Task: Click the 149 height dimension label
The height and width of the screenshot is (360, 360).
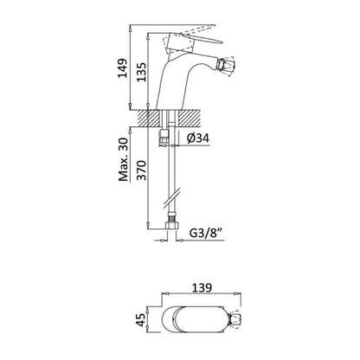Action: [x=123, y=68]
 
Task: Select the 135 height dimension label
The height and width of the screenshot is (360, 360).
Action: [x=141, y=72]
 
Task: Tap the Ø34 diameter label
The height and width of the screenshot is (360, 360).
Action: [x=198, y=138]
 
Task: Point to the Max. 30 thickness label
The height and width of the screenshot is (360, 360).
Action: [x=124, y=159]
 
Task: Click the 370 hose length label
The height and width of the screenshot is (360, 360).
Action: [x=141, y=170]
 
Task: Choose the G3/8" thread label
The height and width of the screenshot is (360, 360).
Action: [x=207, y=233]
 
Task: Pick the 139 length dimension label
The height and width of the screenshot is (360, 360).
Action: [x=202, y=287]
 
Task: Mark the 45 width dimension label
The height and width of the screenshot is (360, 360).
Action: [x=141, y=320]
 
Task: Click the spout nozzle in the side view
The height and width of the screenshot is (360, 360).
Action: [x=225, y=67]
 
